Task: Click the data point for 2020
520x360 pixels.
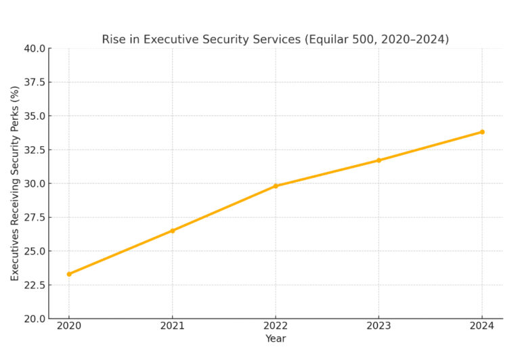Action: [x=69, y=274]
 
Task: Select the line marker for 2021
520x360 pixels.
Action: [x=172, y=231]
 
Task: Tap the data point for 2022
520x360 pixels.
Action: [x=276, y=186]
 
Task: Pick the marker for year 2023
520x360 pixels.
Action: [x=378, y=160]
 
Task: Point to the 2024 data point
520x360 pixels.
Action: [x=482, y=132]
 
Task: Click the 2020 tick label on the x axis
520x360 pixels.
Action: [x=69, y=327]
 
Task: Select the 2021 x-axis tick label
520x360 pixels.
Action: [x=172, y=327]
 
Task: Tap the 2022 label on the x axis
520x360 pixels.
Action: [x=276, y=327]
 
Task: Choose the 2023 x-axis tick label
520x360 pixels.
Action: [x=378, y=327]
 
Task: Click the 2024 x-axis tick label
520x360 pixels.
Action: [x=482, y=327]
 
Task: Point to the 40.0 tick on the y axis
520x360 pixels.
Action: [x=34, y=49]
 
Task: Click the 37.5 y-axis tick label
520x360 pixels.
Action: [x=34, y=83]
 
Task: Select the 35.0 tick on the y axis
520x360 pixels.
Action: [x=34, y=116]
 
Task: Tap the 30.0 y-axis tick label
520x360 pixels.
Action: [x=34, y=183]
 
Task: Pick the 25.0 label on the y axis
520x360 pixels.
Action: [x=34, y=251]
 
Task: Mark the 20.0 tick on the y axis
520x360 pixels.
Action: [x=34, y=319]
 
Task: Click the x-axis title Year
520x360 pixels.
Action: [x=276, y=339]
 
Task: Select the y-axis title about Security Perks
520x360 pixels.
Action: [x=15, y=183]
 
